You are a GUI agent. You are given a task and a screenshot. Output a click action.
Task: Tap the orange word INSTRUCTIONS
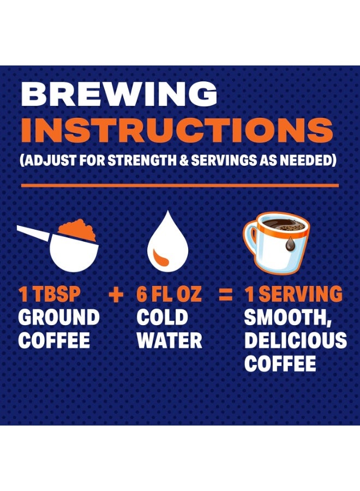click(176, 130)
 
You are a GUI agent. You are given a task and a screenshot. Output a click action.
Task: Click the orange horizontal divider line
click(179, 186)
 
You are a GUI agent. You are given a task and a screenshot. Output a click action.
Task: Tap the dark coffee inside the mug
click(281, 224)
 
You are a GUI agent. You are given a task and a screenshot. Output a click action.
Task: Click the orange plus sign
click(116, 295)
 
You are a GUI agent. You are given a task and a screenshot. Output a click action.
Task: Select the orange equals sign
click(225, 295)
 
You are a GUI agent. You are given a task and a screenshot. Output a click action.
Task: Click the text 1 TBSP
click(50, 295)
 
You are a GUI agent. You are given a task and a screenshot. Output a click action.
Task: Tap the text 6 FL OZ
click(169, 295)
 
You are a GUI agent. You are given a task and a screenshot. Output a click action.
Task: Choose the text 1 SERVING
click(293, 295)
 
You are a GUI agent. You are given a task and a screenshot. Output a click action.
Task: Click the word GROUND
click(59, 318)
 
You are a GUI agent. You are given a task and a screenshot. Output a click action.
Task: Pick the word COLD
click(161, 318)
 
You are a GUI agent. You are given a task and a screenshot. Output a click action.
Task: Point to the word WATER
click(169, 340)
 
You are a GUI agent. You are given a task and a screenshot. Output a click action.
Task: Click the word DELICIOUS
click(295, 340)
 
